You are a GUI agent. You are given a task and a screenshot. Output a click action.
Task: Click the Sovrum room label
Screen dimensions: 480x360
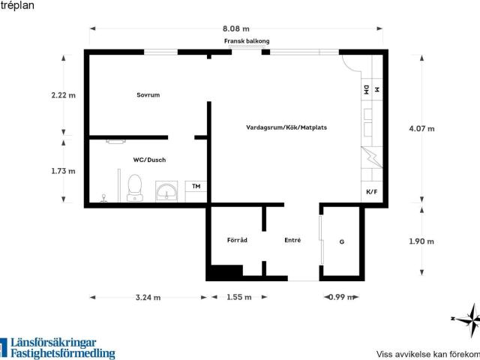coord(148,95)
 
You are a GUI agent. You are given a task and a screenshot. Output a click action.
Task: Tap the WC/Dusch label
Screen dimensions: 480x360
coord(149,160)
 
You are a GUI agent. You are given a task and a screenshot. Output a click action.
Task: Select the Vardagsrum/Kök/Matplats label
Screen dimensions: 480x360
coord(286,127)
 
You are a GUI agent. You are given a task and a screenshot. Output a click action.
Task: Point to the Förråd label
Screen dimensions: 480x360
coord(237,240)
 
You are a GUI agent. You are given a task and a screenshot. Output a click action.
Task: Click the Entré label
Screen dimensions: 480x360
coord(292,240)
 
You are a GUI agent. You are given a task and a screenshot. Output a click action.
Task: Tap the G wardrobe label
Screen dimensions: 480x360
coord(342,241)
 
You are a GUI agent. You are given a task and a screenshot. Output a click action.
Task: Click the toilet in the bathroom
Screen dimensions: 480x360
coord(135,187)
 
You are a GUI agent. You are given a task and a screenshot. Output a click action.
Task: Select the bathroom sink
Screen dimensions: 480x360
coord(166,192)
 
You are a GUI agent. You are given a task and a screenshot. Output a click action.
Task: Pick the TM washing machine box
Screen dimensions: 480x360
coord(196,191)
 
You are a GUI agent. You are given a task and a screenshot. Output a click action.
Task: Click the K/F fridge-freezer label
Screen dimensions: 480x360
coord(372,192)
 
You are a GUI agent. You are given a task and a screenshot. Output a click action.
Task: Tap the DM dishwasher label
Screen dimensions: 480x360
coord(367,90)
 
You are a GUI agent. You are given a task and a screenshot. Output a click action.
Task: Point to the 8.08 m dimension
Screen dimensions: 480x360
coord(236,28)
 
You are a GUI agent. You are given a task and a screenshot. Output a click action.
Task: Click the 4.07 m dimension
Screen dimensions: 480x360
coord(421,128)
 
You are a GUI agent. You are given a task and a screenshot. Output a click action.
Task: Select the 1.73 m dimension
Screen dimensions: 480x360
coord(63,171)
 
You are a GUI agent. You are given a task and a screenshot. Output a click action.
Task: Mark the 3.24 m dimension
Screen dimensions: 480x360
coord(148,298)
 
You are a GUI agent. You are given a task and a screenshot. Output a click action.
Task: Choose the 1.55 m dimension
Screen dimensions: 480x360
coord(239,297)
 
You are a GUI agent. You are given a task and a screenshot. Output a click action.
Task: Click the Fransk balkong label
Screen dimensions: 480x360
coord(247,41)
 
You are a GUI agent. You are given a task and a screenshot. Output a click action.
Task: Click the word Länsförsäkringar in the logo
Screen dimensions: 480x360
coord(53,343)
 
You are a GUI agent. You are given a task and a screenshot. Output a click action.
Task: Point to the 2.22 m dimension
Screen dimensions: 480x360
coord(63,95)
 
